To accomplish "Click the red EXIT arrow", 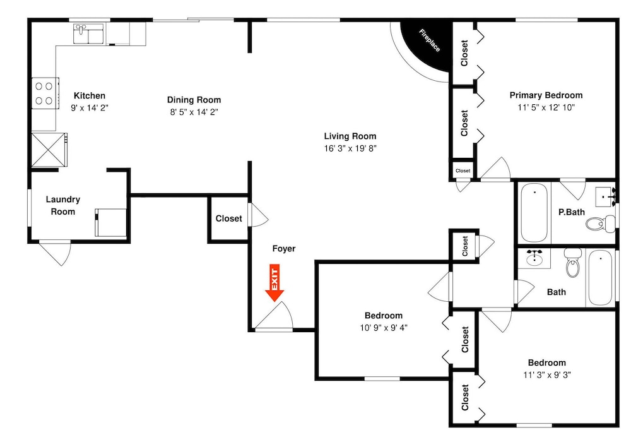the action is point(274,283).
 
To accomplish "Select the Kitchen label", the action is point(90,96).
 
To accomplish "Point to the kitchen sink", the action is point(88,33).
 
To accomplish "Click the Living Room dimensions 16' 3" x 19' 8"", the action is point(350,148).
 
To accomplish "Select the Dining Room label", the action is point(194,100).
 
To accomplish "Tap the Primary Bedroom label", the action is point(546,95).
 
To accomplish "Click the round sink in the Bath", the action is point(534,258).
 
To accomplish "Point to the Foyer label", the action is point(284,249).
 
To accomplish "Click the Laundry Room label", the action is point(62,205).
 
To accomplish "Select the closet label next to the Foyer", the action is point(228,218).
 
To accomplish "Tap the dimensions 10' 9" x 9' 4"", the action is point(384,328).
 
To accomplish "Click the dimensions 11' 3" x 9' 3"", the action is point(547,375).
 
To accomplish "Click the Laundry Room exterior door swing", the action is point(56,253).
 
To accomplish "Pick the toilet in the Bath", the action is point(573,263).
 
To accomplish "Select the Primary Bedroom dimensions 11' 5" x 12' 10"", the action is point(546,107).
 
